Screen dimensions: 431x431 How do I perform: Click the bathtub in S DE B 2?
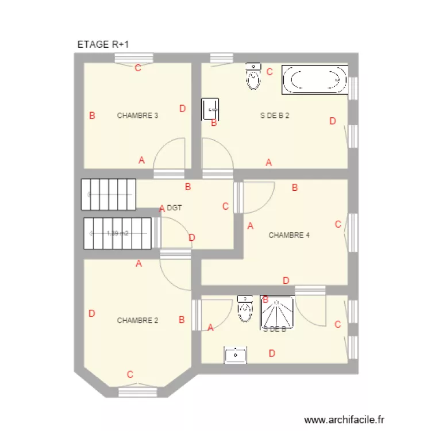pos(315,80)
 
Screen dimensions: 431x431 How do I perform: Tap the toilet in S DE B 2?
pos(253,76)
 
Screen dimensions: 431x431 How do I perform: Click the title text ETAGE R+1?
pos(106,44)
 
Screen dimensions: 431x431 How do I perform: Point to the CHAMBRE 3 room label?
pos(137,116)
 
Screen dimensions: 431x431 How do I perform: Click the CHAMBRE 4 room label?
pos(289,235)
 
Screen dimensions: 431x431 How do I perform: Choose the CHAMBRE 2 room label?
pos(137,321)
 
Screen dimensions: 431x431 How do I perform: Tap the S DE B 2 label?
pos(274,116)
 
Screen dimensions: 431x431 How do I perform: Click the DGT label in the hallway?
pos(174,208)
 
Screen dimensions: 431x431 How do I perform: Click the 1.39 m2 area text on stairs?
pos(117,233)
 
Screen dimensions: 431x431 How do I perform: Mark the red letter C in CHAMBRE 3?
pos(137,68)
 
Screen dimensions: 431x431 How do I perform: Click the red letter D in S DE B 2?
pos(332,121)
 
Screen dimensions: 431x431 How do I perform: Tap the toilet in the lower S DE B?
pos(245,309)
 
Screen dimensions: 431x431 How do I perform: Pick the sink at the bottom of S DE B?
pos(235,355)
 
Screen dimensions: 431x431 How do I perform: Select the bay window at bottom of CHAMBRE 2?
pos(137,392)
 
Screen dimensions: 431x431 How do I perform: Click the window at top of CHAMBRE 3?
pos(133,58)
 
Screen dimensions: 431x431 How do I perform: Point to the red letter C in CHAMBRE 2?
pos(130,375)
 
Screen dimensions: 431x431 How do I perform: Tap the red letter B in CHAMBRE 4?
pos(295,187)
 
